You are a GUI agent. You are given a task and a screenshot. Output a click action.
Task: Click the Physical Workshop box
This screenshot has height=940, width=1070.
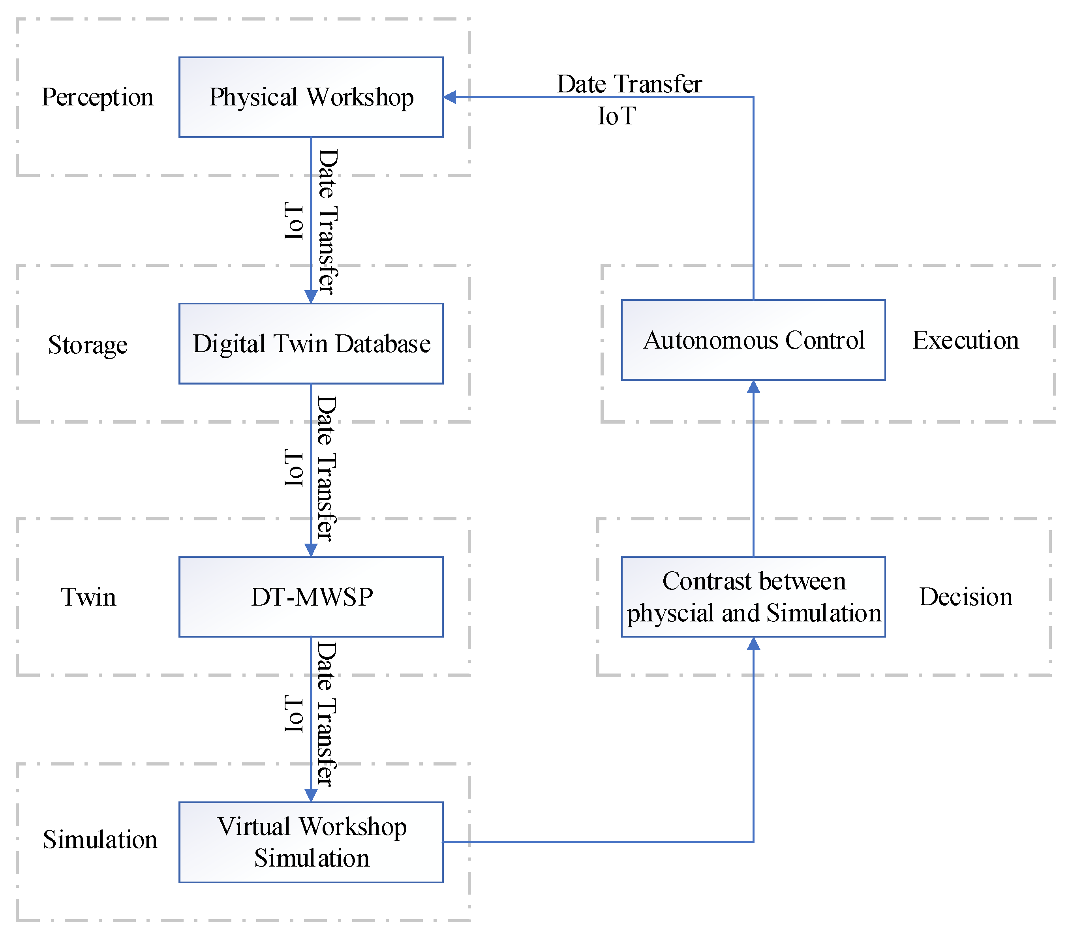point(311,98)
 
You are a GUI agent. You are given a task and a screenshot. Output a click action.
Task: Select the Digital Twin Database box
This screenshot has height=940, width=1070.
point(311,344)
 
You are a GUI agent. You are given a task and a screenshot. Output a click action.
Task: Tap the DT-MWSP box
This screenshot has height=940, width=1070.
point(311,597)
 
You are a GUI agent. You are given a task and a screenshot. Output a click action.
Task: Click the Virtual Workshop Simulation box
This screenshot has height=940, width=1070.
point(311,842)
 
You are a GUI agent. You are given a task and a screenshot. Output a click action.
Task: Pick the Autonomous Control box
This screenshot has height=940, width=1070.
point(753,340)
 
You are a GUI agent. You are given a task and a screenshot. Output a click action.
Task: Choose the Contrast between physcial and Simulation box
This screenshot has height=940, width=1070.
point(753,597)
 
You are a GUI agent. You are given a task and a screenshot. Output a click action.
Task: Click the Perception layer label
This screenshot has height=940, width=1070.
point(98,98)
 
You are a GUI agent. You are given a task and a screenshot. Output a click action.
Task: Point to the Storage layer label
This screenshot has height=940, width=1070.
point(88,345)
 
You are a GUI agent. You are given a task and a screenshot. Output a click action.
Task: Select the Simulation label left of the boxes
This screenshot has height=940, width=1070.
point(100,839)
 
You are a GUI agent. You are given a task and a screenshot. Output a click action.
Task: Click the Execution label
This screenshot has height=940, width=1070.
point(966,340)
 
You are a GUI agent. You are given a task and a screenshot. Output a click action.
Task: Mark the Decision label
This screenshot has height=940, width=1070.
point(966,597)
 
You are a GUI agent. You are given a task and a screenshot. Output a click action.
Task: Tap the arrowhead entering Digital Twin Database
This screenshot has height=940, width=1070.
point(311,297)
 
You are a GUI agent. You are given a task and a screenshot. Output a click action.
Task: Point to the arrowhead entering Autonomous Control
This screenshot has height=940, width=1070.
point(753,387)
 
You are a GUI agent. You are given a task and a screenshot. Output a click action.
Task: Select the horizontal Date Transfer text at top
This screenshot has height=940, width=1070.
point(629,84)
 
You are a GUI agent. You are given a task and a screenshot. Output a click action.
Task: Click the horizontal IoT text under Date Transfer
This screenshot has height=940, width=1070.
point(617,116)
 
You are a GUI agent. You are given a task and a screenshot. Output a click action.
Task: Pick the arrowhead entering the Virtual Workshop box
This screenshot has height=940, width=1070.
point(311,795)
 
